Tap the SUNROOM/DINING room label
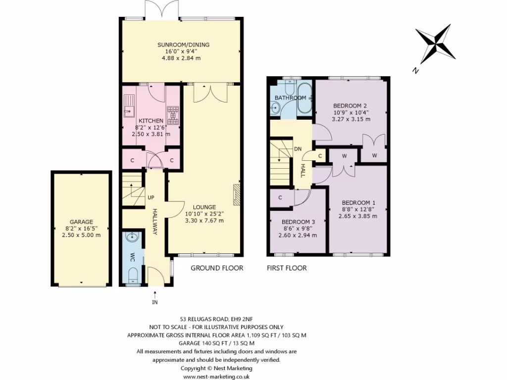click(x=187, y=45)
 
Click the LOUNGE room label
click(x=204, y=207)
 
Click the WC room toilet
click(x=133, y=275)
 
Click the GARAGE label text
click(x=81, y=222)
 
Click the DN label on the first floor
click(x=298, y=148)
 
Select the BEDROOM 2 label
click(x=350, y=105)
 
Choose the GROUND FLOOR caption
click(x=217, y=268)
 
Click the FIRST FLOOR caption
click(x=287, y=268)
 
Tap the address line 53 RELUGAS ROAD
click(x=216, y=319)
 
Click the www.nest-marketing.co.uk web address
click(x=216, y=376)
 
